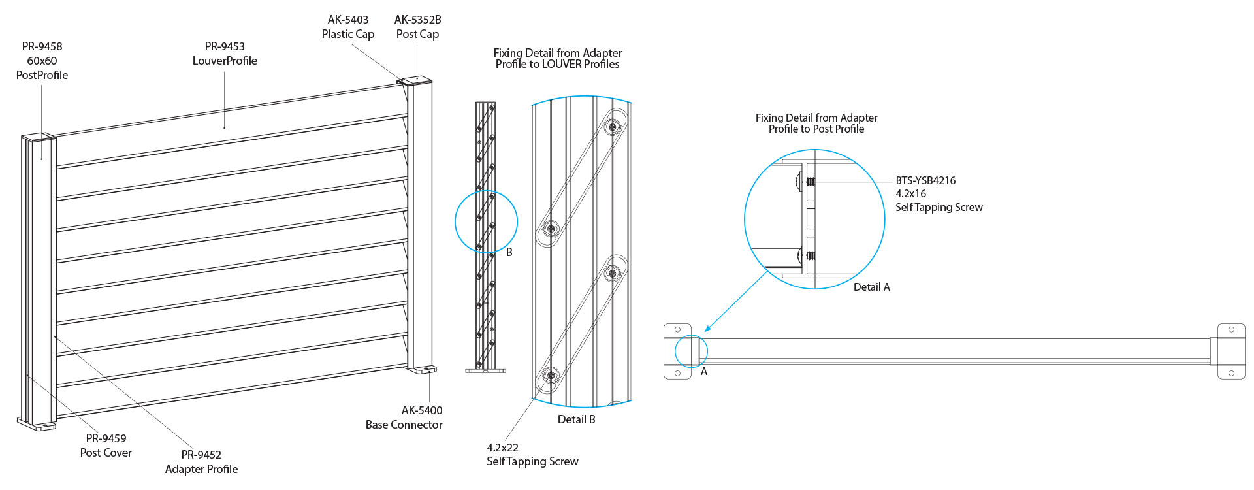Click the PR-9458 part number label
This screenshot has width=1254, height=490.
(x=42, y=46)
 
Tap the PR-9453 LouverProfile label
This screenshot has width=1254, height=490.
(x=225, y=54)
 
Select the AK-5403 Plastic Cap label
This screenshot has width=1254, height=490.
(x=347, y=27)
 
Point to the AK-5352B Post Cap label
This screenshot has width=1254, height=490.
(x=417, y=27)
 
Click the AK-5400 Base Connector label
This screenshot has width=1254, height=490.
(x=404, y=417)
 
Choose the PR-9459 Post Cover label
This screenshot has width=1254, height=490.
(x=106, y=446)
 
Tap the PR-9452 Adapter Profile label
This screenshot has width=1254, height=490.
(x=201, y=462)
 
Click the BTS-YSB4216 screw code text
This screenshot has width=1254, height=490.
(x=925, y=180)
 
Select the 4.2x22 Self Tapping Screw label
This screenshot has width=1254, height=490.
(x=532, y=455)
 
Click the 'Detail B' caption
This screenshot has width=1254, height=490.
(x=576, y=419)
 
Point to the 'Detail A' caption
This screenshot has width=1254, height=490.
(x=871, y=287)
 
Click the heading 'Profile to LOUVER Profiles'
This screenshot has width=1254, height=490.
(x=557, y=64)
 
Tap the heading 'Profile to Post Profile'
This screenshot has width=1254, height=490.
(x=816, y=129)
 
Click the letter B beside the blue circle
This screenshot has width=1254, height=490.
(x=509, y=252)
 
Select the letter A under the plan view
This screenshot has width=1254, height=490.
(x=703, y=372)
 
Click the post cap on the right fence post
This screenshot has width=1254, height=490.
(x=417, y=80)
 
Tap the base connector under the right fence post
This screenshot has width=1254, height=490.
(x=423, y=370)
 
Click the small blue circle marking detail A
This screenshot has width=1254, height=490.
(x=690, y=351)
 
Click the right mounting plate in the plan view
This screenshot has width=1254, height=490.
(x=1230, y=351)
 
